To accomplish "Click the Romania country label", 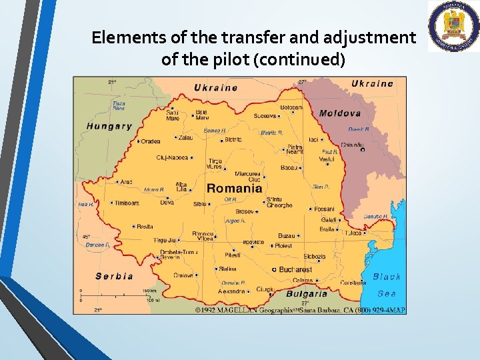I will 235,189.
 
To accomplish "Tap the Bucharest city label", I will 295,269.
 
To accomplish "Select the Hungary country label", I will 109,126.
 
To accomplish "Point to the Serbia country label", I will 114,276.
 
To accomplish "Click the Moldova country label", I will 340,113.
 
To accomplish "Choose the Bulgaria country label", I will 307,293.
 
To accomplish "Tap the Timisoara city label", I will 127,203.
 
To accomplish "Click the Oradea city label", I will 151,141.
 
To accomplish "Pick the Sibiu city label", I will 200,204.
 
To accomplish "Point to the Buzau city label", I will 287,236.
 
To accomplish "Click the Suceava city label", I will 265,116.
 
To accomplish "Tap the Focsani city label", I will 324,209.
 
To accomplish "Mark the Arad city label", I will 126,181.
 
